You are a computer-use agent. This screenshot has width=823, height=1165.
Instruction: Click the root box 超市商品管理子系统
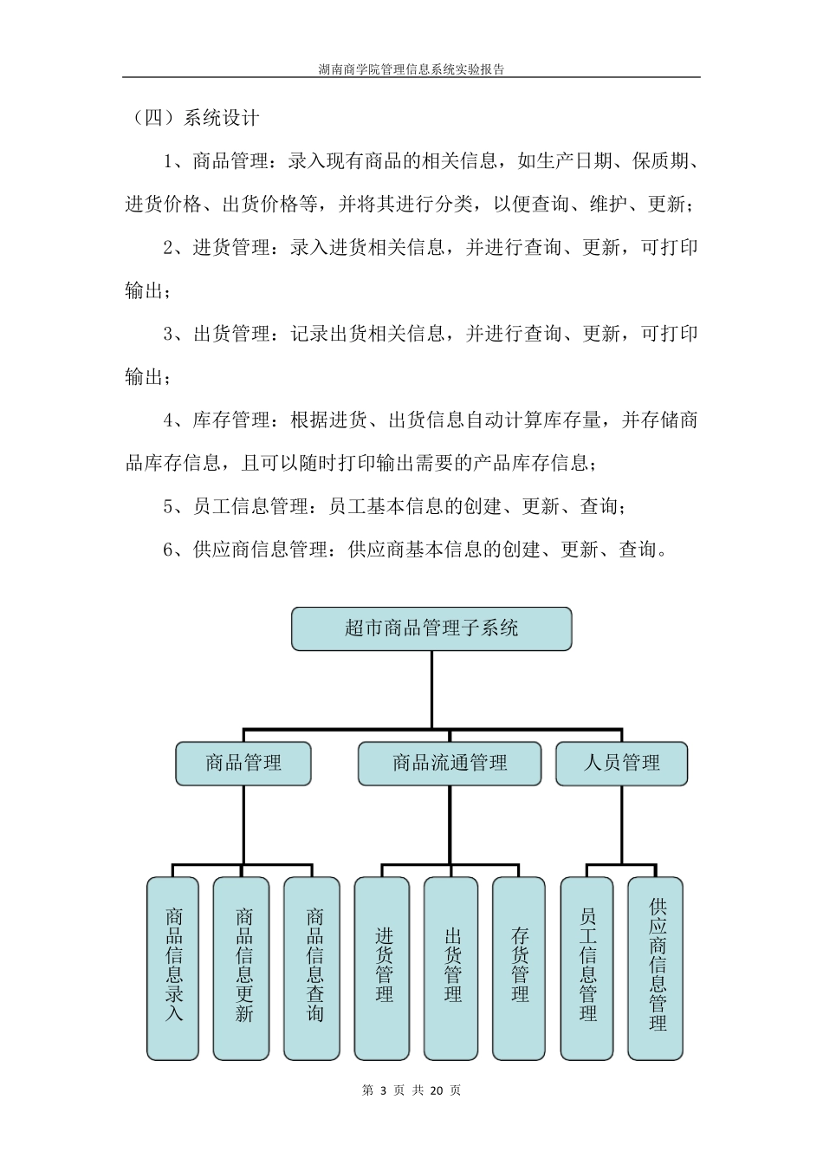(x=431, y=628)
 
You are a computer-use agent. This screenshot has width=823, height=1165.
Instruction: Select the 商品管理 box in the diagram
(x=243, y=764)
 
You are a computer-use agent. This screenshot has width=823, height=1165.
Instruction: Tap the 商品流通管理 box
(x=450, y=764)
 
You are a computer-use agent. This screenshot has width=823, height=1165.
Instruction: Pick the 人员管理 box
(x=621, y=764)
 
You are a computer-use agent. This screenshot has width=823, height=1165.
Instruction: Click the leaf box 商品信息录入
(x=173, y=967)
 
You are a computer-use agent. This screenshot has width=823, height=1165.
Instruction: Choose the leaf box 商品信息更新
(x=242, y=967)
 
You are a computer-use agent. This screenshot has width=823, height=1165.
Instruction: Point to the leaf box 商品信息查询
(x=313, y=967)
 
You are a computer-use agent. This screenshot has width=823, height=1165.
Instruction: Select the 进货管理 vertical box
(x=382, y=967)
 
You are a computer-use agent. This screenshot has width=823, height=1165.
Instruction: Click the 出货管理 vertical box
(x=450, y=967)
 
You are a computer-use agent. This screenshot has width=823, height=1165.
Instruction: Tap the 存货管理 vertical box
(x=519, y=967)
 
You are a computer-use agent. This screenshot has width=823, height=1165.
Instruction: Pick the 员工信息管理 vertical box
(x=587, y=967)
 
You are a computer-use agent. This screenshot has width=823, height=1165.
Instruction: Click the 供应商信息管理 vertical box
(x=656, y=967)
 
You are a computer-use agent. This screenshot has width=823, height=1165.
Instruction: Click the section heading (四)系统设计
(x=192, y=118)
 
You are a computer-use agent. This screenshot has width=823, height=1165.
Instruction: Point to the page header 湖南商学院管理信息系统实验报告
(x=411, y=69)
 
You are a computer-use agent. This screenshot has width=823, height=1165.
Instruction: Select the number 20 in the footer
(x=437, y=1090)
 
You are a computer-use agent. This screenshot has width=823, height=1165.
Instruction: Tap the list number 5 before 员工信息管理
(x=169, y=506)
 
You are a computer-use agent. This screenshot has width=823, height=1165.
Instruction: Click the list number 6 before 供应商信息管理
(x=169, y=550)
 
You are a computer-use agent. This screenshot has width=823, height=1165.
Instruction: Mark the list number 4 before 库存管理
(x=169, y=420)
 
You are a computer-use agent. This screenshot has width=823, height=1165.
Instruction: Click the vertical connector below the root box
(x=431, y=689)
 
